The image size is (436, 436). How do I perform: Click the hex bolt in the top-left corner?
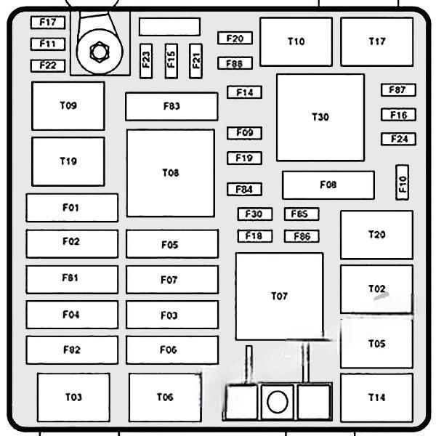click(97, 52)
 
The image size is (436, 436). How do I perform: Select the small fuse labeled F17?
click(48, 23)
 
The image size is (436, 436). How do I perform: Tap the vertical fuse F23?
click(147, 59)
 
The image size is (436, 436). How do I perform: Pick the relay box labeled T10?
click(296, 41)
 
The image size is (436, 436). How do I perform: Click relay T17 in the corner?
click(376, 41)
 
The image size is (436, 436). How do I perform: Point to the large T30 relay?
click(320, 117)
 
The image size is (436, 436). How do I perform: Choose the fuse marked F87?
click(397, 90)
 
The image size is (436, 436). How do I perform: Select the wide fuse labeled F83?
click(171, 106)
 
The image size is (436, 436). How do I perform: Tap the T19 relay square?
click(68, 161)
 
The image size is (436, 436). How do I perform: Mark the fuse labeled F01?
click(71, 208)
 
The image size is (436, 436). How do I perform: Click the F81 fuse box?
click(71, 278)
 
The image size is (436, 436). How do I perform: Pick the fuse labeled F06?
click(171, 350)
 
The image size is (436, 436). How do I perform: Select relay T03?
click(73, 397)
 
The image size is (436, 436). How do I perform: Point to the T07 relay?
click(279, 296)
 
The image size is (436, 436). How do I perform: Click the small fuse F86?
click(302, 236)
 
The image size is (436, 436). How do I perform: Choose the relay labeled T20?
click(376, 235)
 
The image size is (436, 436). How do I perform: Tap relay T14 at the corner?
click(376, 397)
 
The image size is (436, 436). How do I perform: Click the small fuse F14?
click(244, 92)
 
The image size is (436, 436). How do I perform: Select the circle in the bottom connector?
click(277, 402)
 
